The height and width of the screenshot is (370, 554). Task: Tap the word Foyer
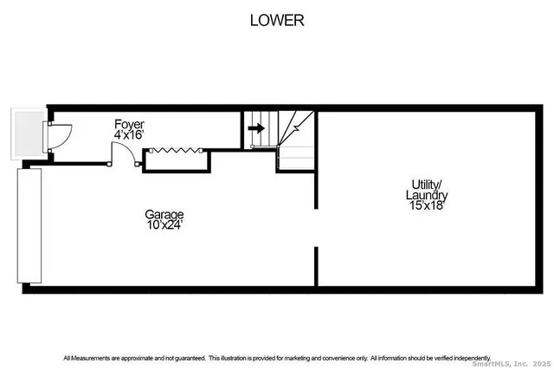[x=130, y=125]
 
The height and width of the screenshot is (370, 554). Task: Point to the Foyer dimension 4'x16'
[x=130, y=135]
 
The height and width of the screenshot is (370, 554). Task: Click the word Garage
[x=164, y=214]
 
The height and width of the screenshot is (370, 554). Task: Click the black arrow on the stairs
[x=255, y=128]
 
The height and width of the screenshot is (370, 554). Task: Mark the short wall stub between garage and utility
[x=316, y=263]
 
